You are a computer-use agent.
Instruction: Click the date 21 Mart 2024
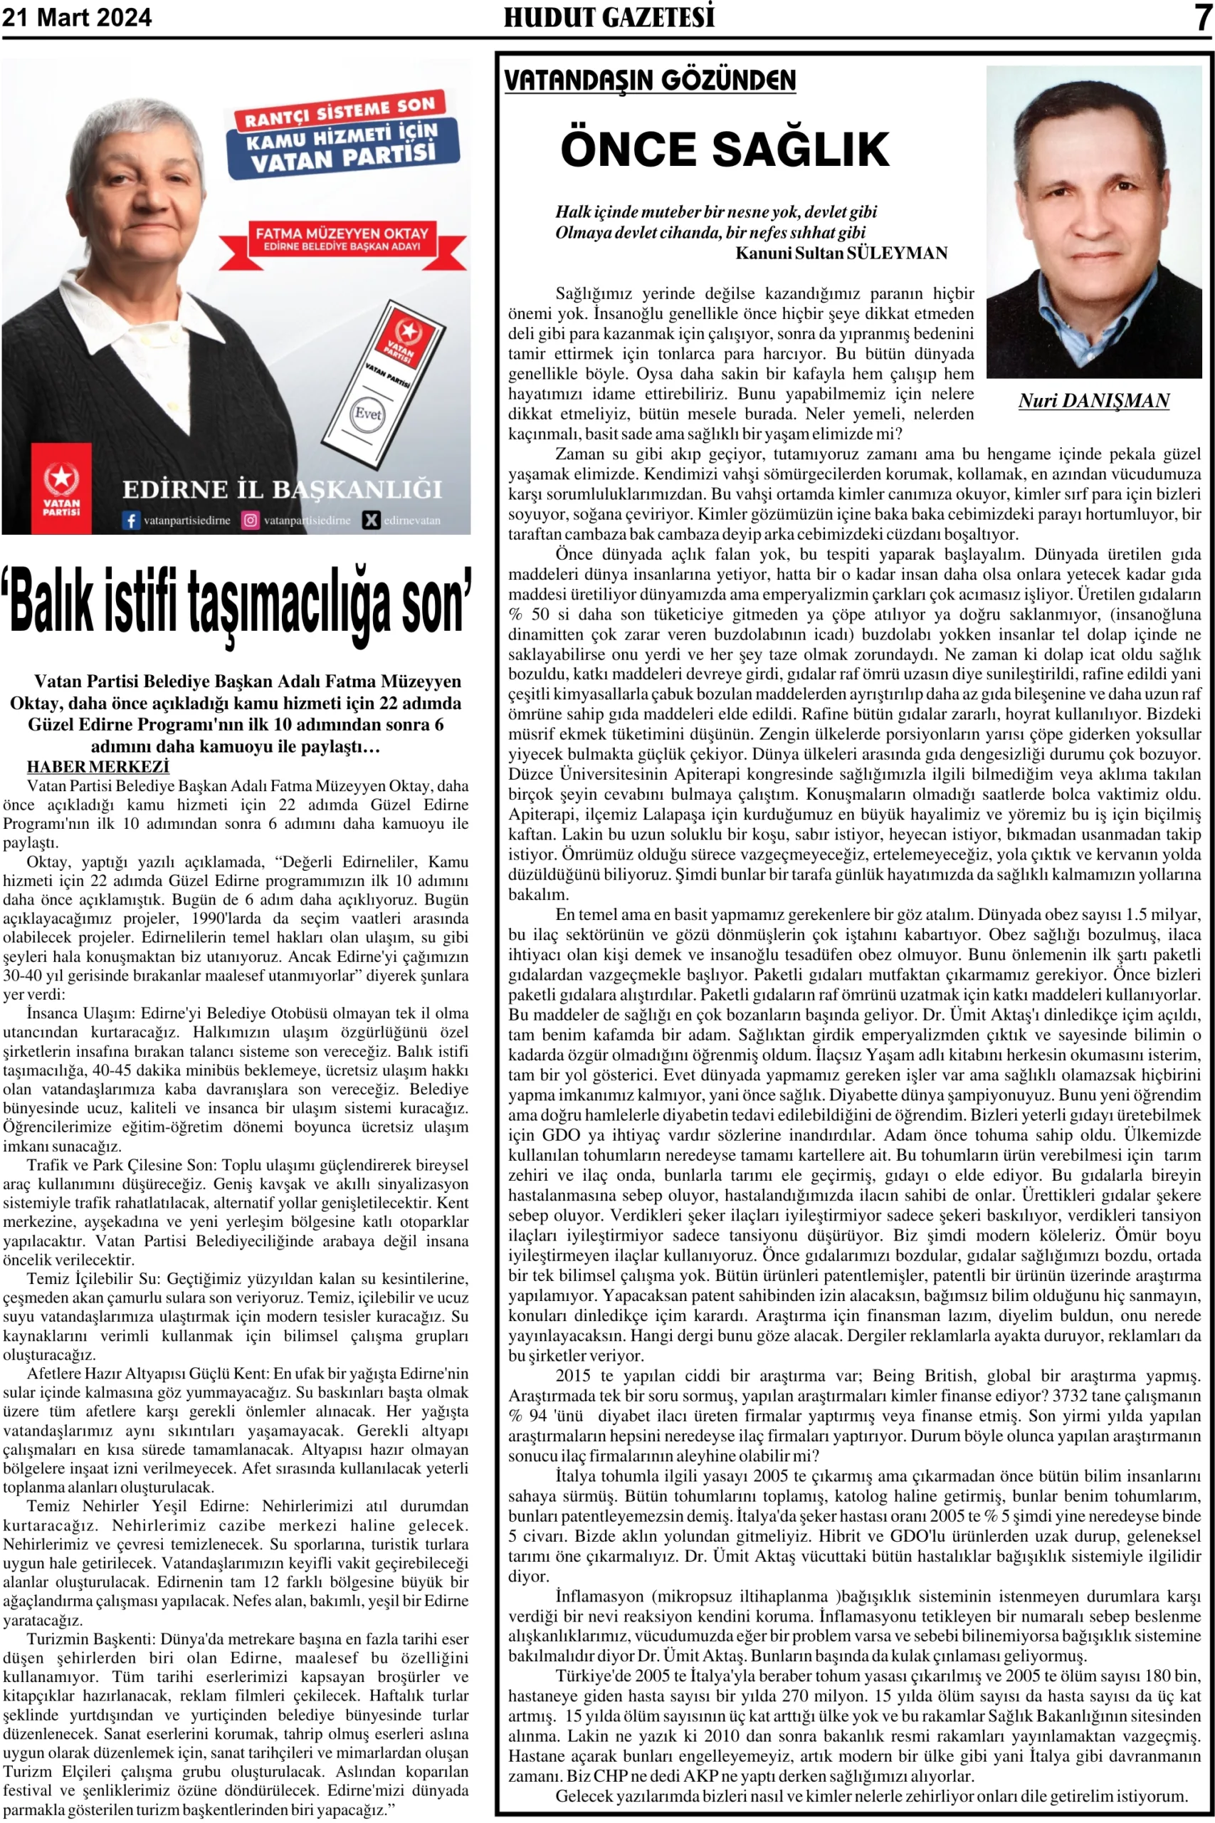click(77, 17)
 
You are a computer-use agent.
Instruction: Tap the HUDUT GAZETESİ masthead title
click(609, 17)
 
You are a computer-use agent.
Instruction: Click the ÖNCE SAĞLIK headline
click(725, 149)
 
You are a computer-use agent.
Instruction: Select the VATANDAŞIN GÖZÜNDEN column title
click(649, 80)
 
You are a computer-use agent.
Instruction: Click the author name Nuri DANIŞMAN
click(1093, 401)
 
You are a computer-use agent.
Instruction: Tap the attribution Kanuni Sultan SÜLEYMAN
click(841, 254)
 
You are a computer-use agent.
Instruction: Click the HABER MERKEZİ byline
click(98, 766)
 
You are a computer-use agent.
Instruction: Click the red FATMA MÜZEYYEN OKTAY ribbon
click(342, 238)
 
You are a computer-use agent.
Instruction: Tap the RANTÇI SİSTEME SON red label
click(340, 111)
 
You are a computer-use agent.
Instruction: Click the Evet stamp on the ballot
click(367, 412)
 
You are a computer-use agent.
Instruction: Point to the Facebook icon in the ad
click(131, 520)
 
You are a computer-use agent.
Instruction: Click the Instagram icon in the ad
click(251, 520)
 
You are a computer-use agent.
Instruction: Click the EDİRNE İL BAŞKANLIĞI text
click(282, 490)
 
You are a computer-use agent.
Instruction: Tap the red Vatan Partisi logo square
click(61, 489)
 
